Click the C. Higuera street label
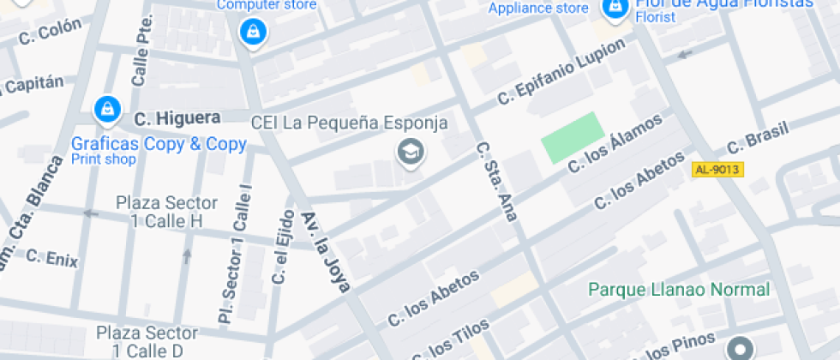177,117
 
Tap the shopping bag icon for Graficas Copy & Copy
106,109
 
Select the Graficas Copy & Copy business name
159,143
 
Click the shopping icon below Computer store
254,33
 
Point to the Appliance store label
538,9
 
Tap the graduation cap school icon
411,152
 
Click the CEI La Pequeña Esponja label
349,123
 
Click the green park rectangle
573,137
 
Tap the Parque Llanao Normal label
679,290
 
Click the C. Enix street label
52,256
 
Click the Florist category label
656,17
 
